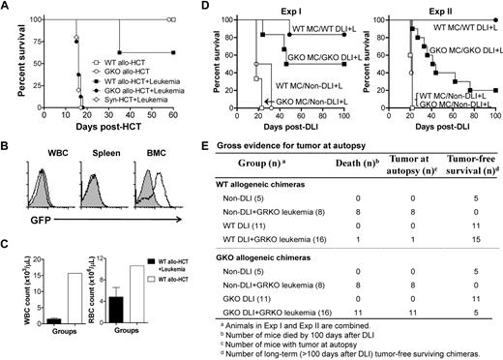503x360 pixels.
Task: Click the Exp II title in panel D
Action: click(x=437, y=8)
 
